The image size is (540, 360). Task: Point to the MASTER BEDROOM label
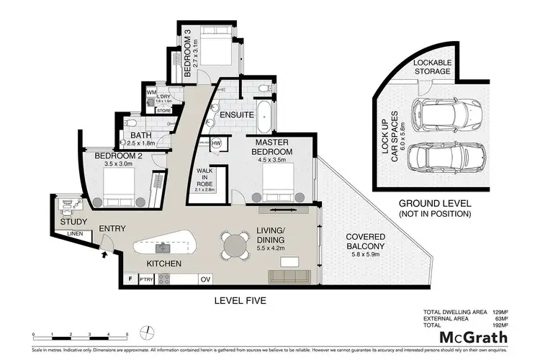[x=271, y=147]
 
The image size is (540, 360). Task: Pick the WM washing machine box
[x=152, y=93]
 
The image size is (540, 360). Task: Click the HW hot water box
[x=215, y=142]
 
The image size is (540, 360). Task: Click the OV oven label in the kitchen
[x=204, y=279]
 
